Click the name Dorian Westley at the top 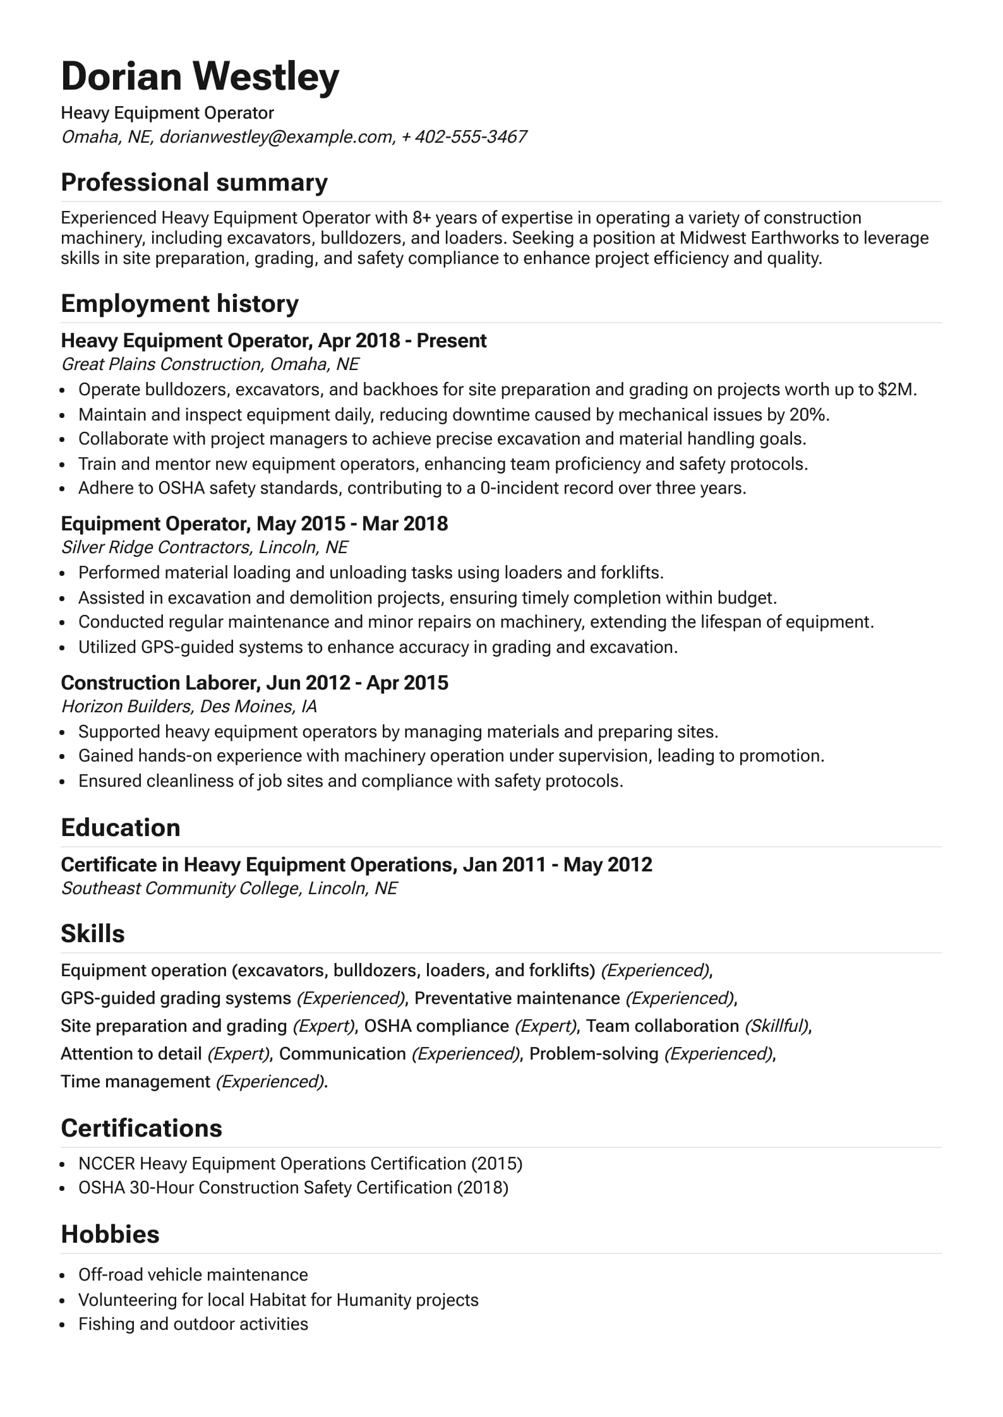[200, 76]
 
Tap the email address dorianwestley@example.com [276, 137]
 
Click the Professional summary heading [194, 182]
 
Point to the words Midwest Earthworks [758, 238]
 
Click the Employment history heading [179, 304]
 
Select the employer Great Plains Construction [161, 364]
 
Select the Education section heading [120, 828]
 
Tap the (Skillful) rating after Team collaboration [776, 1026]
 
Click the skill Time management [135, 1082]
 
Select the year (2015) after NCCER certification [497, 1164]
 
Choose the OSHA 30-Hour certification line [293, 1188]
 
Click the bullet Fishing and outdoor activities [193, 1324]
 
